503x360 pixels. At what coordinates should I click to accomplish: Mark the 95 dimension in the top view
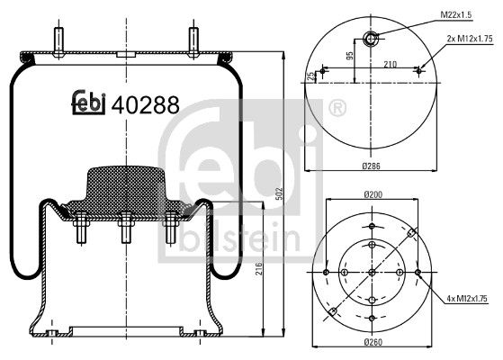click(348, 60)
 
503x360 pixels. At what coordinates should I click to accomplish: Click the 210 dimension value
click(391, 64)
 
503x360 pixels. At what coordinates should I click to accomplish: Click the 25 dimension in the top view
click(310, 76)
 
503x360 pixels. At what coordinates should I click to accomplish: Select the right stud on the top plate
click(193, 42)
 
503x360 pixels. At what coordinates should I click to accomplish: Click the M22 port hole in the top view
click(371, 38)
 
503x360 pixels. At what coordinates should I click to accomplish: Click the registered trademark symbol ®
click(338, 110)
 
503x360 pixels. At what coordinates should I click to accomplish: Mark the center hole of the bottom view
click(371, 272)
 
